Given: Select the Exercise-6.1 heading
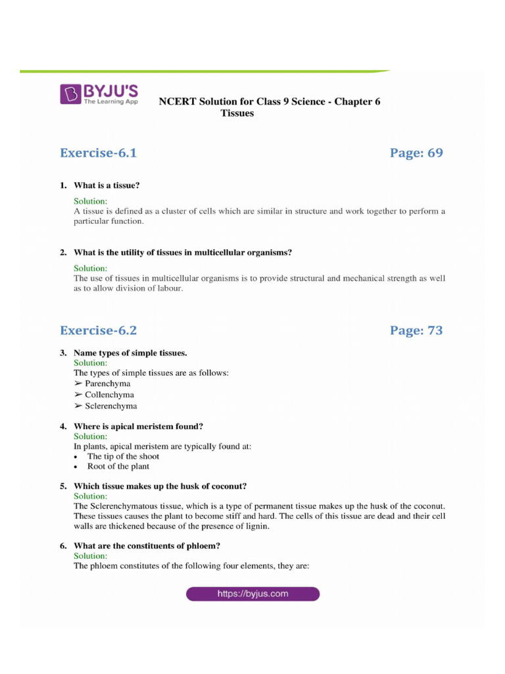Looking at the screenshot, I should pyautogui.click(x=98, y=153).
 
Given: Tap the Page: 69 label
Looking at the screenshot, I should pyautogui.click(x=416, y=153).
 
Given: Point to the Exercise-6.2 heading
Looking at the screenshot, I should pyautogui.click(x=98, y=330).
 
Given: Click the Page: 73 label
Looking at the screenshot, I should pyautogui.click(x=416, y=330).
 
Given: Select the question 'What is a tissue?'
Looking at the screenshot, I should pyautogui.click(x=107, y=186).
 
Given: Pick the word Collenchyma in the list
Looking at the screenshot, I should pyautogui.click(x=109, y=395).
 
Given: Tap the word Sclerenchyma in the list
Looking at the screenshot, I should pyautogui.click(x=110, y=406).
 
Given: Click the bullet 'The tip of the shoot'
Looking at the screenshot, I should pyautogui.click(x=123, y=456).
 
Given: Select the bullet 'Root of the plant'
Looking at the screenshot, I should pyautogui.click(x=118, y=467).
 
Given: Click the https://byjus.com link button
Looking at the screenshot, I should pyautogui.click(x=252, y=594).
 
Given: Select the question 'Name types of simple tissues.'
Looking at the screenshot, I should pyautogui.click(x=130, y=353).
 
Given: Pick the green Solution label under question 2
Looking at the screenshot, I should pyautogui.click(x=90, y=269).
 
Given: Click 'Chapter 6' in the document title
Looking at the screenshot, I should pyautogui.click(x=358, y=101).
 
